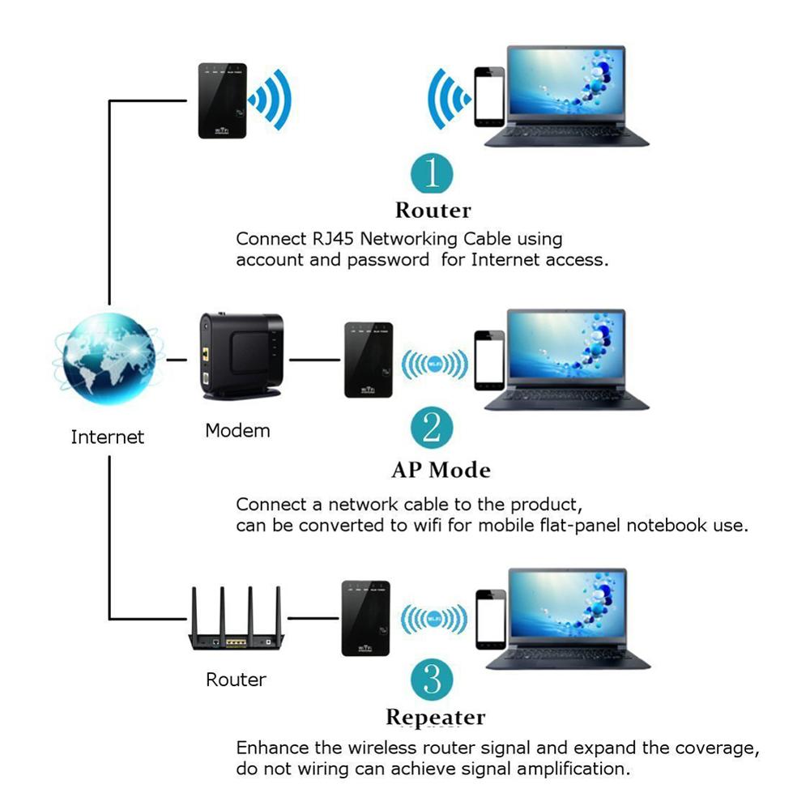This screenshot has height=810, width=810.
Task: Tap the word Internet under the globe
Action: [107, 437]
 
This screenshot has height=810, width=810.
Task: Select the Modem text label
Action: [237, 430]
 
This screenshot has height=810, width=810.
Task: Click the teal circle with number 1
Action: [433, 173]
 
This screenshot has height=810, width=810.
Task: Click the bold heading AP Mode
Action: [441, 470]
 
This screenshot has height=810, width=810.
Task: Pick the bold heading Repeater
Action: [435, 718]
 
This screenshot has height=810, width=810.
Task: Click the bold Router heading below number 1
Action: [433, 211]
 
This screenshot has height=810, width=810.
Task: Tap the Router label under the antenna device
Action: [236, 680]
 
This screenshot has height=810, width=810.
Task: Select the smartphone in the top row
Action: [489, 96]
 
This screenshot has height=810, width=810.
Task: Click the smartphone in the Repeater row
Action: [490, 619]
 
